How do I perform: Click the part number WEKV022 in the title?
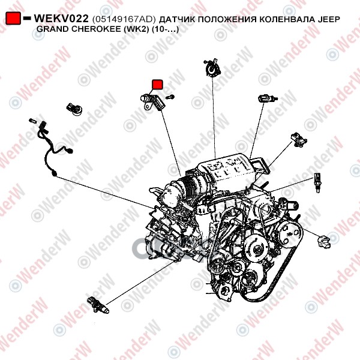61,19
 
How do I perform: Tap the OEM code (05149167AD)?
124,19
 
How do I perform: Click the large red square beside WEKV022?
13,19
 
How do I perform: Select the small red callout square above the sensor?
157,84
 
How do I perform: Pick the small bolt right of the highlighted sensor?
170,97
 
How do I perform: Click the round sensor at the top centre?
213,68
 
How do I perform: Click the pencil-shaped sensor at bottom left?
98,305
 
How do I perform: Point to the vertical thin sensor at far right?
317,182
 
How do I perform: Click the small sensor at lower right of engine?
324,242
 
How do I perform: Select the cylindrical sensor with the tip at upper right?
268,98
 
